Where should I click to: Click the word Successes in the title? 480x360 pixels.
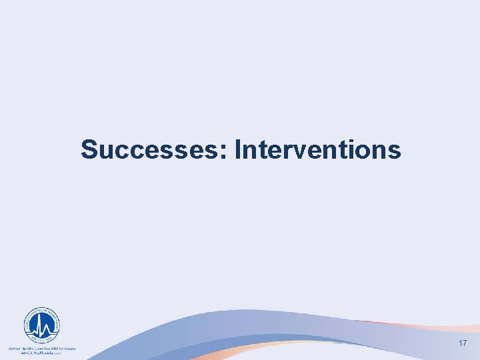pyautogui.click(x=154, y=150)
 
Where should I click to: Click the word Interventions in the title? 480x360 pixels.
pyautogui.click(x=318, y=150)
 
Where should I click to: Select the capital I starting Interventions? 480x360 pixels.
pyautogui.click(x=239, y=150)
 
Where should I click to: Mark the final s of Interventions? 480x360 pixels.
pyautogui.click(x=395, y=153)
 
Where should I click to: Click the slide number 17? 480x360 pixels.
pyautogui.click(x=462, y=343)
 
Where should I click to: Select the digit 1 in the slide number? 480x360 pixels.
pyautogui.click(x=459, y=343)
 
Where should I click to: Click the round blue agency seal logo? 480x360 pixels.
pyautogui.click(x=41, y=326)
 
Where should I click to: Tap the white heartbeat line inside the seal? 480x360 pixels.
pyautogui.click(x=41, y=328)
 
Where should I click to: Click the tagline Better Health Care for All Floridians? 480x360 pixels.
pyautogui.click(x=41, y=348)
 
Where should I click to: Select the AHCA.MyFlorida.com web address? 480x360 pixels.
pyautogui.click(x=41, y=353)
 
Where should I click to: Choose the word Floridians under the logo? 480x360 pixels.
pyautogui.click(x=65, y=348)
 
